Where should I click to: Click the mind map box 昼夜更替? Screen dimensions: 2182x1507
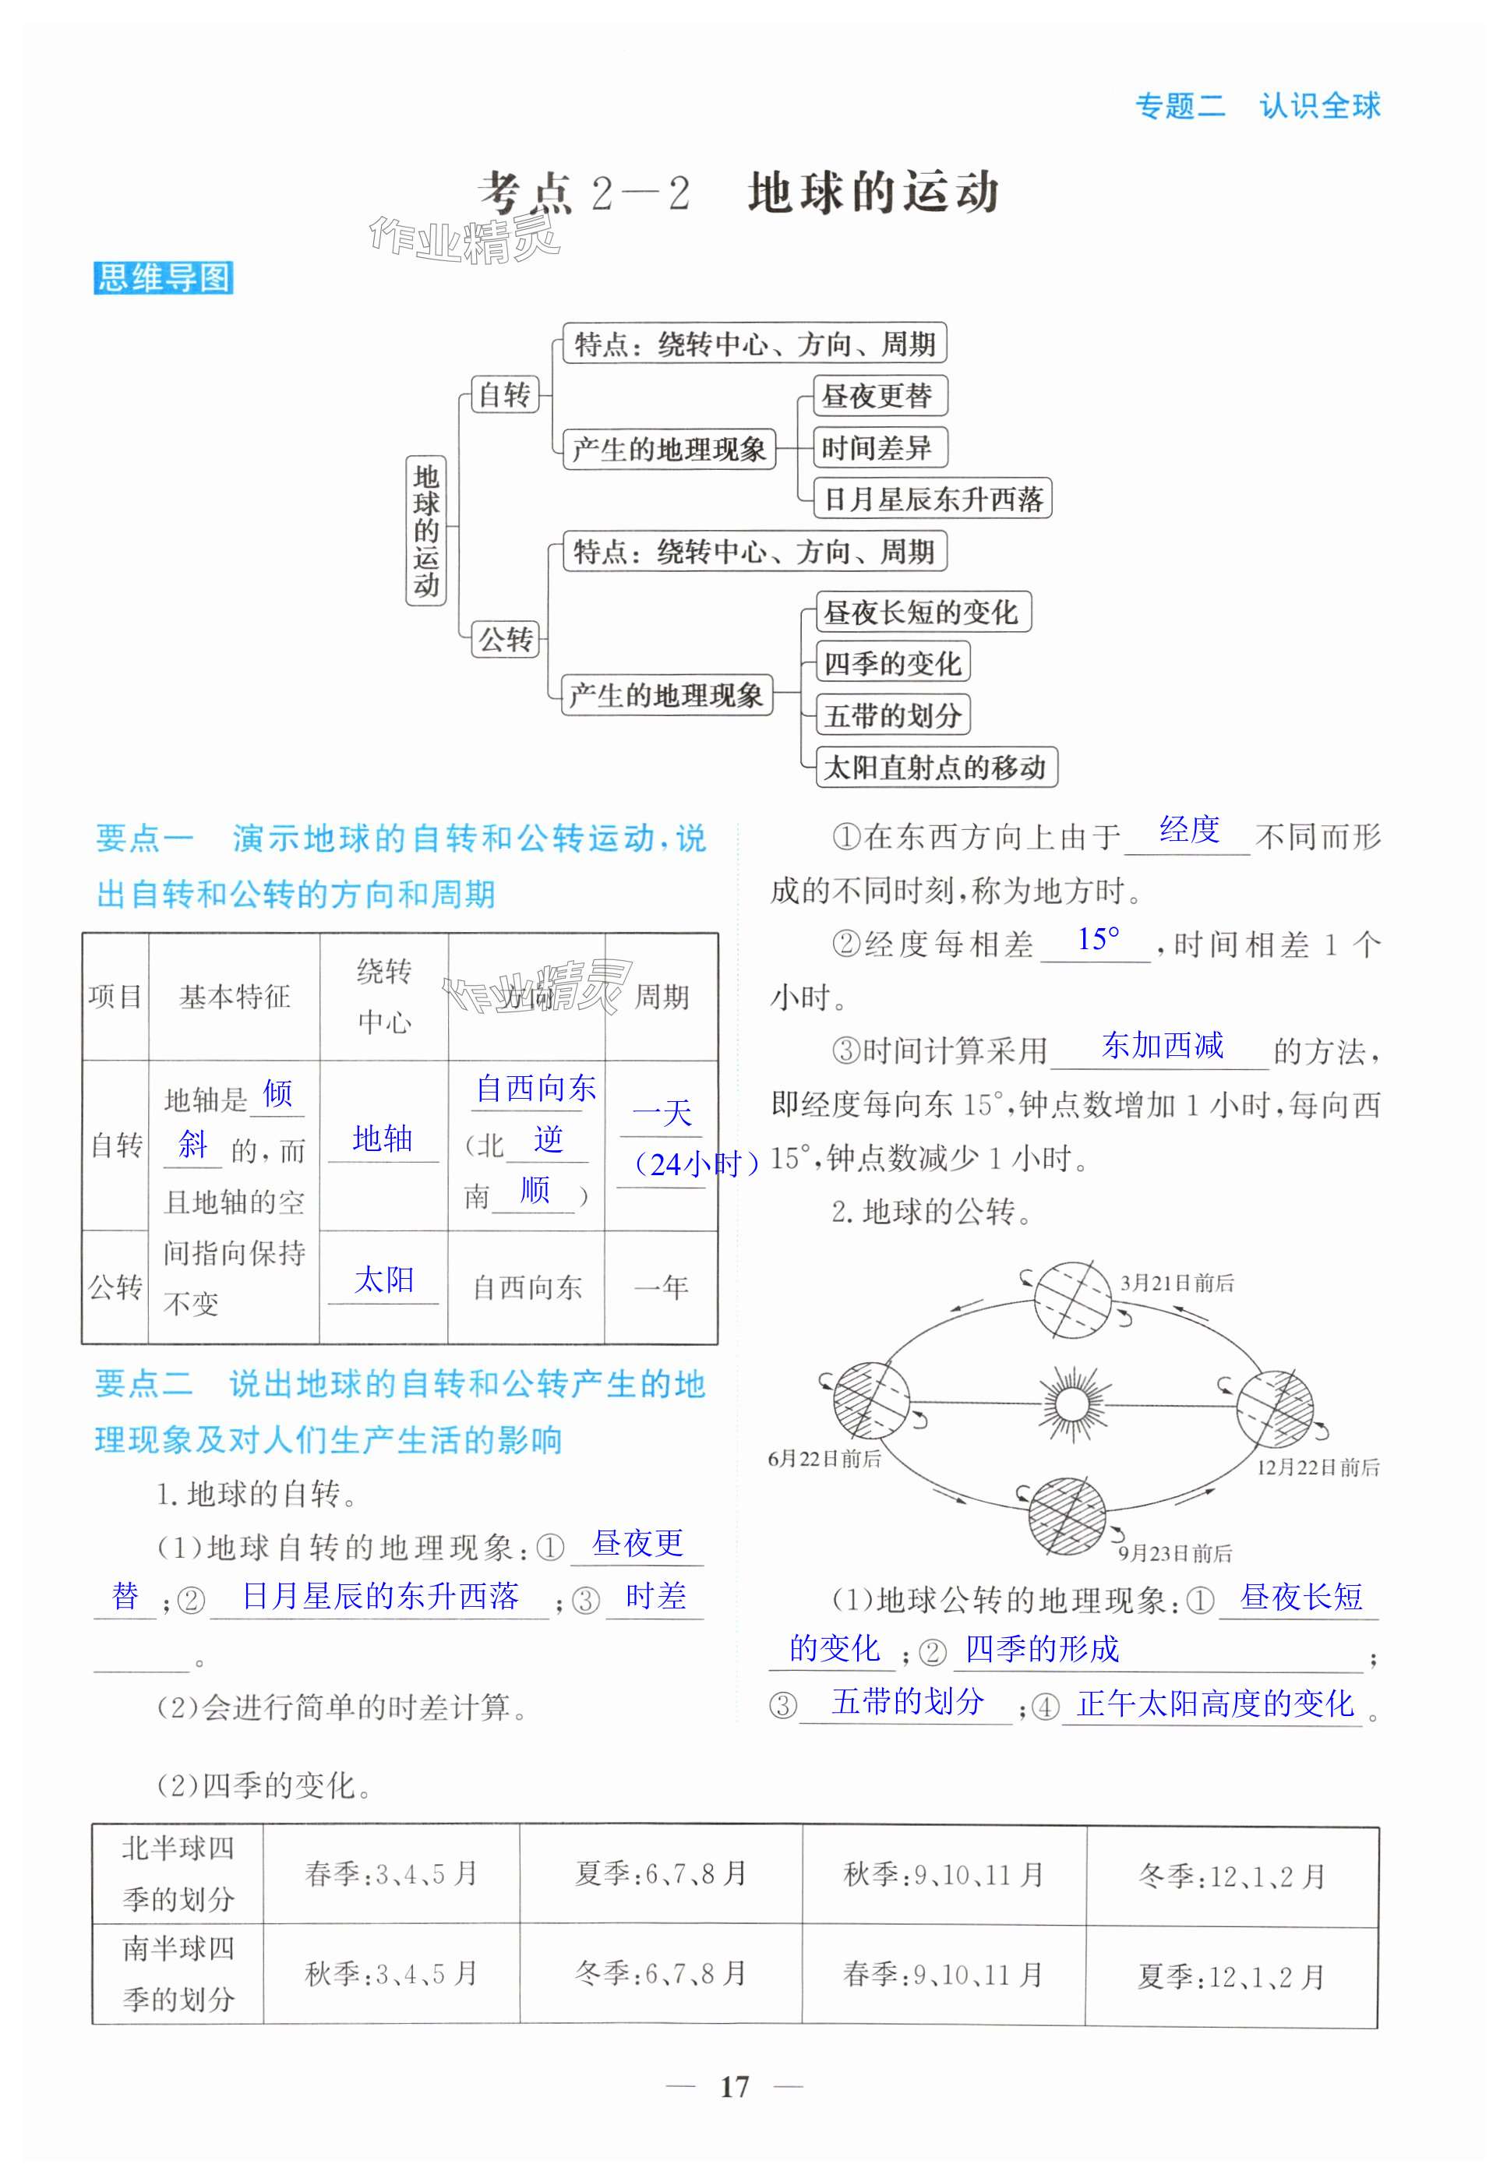878,396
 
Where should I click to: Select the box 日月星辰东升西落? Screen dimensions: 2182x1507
932,499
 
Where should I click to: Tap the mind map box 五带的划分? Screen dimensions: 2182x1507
891,715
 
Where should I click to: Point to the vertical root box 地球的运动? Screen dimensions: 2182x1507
426,531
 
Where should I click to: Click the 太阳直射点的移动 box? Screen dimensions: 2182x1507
935,767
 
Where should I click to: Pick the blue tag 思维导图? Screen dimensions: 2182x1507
164,277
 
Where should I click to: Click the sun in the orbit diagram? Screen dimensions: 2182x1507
1071,1403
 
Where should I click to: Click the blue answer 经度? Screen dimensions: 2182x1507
1189,831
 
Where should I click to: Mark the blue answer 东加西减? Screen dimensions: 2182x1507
1163,1045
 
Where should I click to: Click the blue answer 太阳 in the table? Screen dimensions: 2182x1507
383,1280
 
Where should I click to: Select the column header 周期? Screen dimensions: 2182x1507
661,996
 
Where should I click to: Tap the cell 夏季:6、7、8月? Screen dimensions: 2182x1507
661,1873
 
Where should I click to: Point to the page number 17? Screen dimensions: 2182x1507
734,2087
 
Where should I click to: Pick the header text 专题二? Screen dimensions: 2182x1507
1180,106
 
